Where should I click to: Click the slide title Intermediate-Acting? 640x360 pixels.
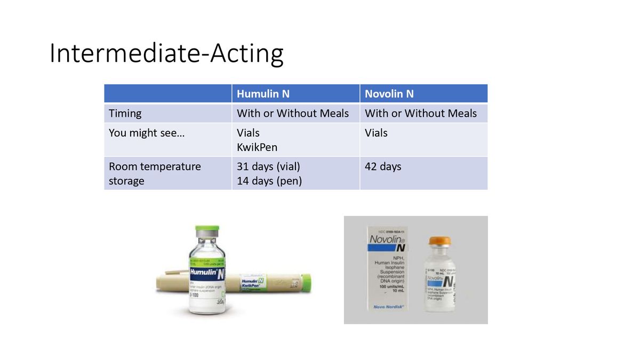[x=166, y=54]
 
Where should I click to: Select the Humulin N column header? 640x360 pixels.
[x=263, y=94]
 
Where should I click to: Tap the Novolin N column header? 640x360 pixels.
[x=389, y=94]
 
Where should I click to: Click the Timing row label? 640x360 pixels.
[x=125, y=113]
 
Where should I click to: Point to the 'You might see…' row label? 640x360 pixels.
[x=147, y=133]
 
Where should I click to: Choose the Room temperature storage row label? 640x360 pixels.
[x=155, y=173]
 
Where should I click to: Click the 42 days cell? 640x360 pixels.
[x=383, y=166]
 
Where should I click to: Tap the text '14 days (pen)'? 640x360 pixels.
[x=269, y=181]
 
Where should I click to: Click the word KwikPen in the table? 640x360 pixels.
[x=257, y=147]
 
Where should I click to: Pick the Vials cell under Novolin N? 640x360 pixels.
[x=376, y=133]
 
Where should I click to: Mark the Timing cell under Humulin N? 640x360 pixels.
[x=293, y=113]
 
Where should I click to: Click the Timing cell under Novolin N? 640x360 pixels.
[x=421, y=113]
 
